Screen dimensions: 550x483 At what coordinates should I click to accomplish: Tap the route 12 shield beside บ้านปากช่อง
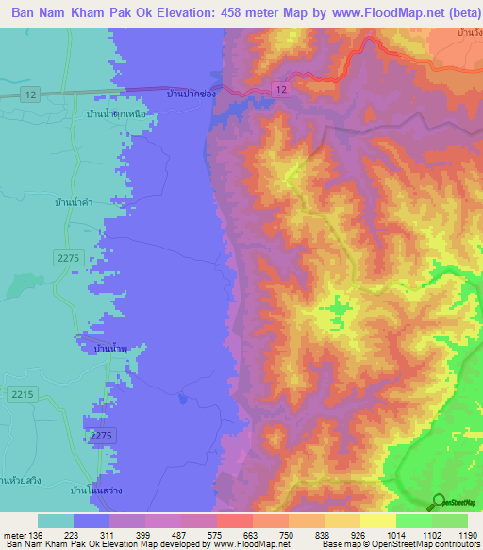coord(280,88)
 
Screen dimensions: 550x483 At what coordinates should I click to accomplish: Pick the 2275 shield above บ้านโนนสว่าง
coord(102,434)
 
